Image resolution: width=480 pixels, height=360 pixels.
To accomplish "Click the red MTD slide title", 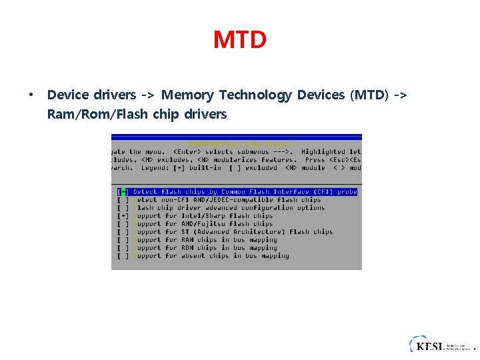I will (240, 40).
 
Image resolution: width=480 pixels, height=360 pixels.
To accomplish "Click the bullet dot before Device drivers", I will (31, 95).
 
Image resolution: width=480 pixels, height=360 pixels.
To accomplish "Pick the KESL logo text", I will (431, 345).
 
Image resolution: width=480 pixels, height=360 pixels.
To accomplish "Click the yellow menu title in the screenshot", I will (241, 143).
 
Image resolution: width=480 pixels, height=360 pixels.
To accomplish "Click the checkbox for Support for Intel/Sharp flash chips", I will (123, 216).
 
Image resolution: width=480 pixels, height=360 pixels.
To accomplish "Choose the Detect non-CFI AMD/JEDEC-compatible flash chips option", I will (227, 200).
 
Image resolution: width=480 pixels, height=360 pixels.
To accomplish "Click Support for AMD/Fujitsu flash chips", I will (203, 224).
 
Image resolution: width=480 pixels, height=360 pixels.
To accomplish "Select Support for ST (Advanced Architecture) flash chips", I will (233, 232).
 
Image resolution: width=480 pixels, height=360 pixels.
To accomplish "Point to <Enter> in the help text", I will (178, 152).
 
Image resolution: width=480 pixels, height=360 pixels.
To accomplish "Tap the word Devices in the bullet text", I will (319, 95).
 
